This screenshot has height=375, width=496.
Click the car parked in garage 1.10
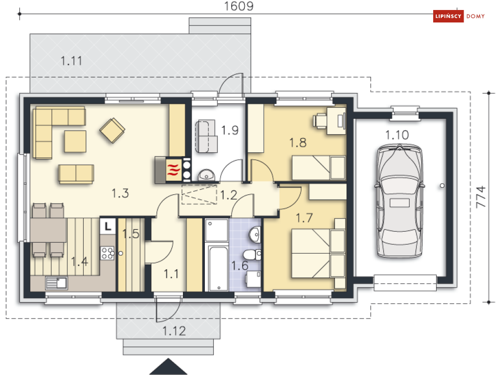pos(399,201)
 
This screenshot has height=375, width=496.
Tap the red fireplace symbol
pos(173,171)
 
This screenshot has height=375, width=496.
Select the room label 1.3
pos(120,193)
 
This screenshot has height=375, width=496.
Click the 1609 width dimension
pos(239,6)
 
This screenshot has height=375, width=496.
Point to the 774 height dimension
pos(481,197)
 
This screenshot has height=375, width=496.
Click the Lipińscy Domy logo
pos(459,16)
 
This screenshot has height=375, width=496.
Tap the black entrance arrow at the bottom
pos(168,367)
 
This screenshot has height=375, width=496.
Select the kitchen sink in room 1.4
pos(57,283)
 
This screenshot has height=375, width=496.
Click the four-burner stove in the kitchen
pos(107,253)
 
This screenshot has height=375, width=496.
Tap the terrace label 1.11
pos(71,60)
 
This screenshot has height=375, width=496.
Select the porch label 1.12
pos(174,331)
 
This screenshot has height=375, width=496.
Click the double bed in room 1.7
pos(318,253)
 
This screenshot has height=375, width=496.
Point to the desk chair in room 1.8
pos(320,121)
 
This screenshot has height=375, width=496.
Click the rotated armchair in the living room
pos(112,130)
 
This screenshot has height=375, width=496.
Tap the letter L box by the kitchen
pos(108,226)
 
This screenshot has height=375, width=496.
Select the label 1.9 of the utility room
pos(230,130)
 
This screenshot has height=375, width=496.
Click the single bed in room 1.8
pos(319,168)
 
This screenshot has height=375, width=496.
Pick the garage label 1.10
pos(397,135)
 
